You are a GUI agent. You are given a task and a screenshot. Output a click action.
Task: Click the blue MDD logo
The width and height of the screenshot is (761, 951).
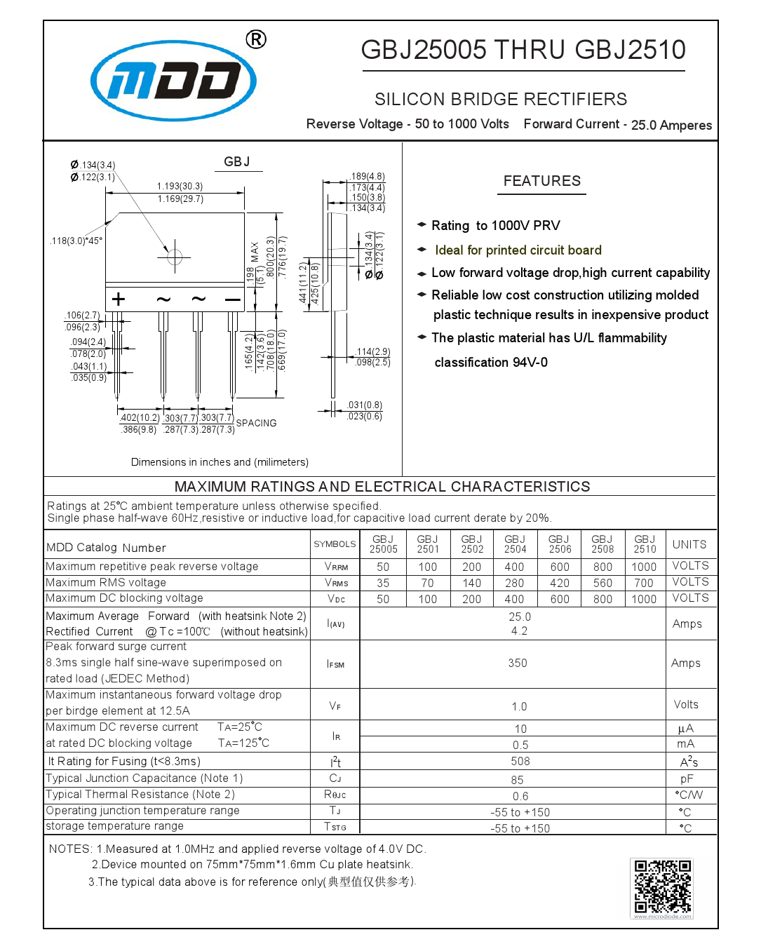click(x=173, y=80)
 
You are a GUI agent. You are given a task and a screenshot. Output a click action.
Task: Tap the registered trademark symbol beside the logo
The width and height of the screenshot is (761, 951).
click(x=256, y=39)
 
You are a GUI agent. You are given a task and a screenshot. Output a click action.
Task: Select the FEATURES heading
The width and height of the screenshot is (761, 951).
click(x=542, y=181)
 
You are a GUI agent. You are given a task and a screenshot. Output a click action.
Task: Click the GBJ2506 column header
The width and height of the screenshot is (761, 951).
click(x=560, y=544)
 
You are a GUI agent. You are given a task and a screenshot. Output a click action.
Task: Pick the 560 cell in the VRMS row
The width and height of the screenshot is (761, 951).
click(x=602, y=583)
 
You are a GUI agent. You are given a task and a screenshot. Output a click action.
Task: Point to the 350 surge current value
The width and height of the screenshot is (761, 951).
click(x=518, y=663)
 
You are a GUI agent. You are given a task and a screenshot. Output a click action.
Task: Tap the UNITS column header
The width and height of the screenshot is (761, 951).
click(x=689, y=544)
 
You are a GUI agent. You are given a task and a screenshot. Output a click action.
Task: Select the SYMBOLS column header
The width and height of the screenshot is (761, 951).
click(x=335, y=544)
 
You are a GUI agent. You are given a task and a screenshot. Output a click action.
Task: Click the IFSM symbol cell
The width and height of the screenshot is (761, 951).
click(x=335, y=664)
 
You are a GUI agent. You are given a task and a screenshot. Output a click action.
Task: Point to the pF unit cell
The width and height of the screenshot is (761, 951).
click(x=687, y=778)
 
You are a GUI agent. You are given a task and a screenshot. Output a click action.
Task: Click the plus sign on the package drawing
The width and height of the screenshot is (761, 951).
click(x=119, y=299)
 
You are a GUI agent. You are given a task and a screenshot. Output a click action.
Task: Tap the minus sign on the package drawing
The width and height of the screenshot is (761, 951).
click(x=232, y=299)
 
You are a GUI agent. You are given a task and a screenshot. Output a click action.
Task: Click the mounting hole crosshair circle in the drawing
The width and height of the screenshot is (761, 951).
click(x=175, y=257)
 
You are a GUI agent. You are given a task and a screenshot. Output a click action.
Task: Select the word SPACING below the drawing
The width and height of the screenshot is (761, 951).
click(x=256, y=423)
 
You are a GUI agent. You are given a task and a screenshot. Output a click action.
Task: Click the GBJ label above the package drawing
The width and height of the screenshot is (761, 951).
click(x=237, y=162)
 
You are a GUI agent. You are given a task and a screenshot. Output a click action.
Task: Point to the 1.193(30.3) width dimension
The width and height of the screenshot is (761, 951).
click(x=180, y=186)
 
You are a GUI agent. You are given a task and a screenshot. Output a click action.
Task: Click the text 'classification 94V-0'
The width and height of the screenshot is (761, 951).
click(x=491, y=363)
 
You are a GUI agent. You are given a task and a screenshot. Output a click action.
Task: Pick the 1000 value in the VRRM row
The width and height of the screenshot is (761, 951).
click(x=644, y=567)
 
